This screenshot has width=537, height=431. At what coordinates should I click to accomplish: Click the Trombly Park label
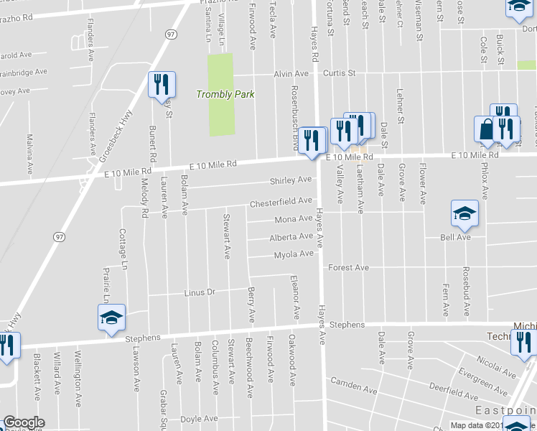click(x=226, y=94)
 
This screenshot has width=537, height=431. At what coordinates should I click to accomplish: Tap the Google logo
click(x=23, y=423)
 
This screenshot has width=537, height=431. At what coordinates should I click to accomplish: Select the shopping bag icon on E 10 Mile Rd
click(x=486, y=129)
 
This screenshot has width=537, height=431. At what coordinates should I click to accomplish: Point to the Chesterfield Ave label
click(x=281, y=203)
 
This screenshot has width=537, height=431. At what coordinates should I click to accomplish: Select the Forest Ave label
click(x=348, y=268)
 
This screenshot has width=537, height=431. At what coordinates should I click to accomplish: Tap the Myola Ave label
click(x=294, y=254)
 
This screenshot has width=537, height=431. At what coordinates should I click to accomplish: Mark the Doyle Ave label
click(x=199, y=418)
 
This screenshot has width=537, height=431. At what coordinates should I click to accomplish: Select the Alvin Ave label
click(x=290, y=74)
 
